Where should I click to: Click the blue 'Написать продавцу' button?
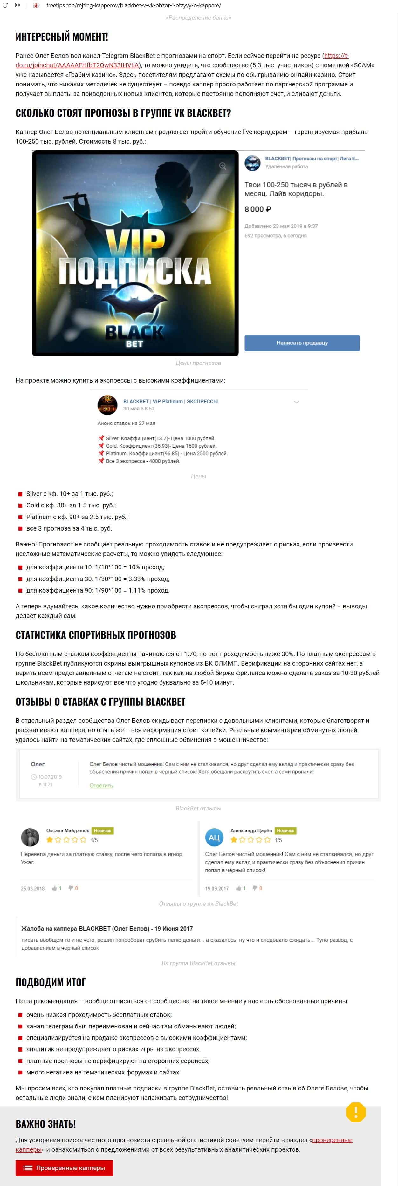click(x=302, y=343)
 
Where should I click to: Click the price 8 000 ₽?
click(x=257, y=209)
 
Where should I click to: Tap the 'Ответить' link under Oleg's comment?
click(x=101, y=785)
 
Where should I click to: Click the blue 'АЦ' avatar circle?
click(x=214, y=837)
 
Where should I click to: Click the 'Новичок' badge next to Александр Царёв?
click(x=285, y=830)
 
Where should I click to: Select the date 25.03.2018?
click(x=33, y=888)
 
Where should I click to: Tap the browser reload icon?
click(x=5, y=5)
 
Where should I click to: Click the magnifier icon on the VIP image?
click(x=223, y=166)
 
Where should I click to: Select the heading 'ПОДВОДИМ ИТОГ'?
click(x=51, y=982)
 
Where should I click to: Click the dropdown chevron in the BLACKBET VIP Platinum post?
click(x=297, y=402)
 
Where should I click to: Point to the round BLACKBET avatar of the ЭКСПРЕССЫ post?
click(x=107, y=405)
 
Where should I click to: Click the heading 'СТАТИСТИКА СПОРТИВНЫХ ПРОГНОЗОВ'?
click(x=96, y=635)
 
